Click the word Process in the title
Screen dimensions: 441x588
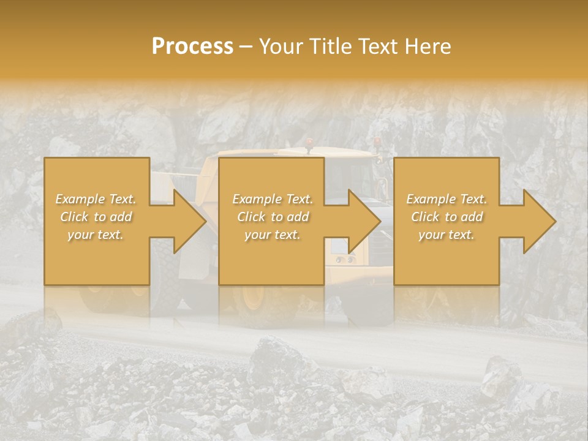click(192, 47)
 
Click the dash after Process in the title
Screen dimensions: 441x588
click(246, 47)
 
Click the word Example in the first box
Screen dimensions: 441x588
click(80, 199)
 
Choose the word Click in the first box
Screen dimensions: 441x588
click(74, 217)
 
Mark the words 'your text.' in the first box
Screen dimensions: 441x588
click(96, 235)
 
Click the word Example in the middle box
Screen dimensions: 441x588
click(257, 199)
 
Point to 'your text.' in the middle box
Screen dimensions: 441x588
click(273, 235)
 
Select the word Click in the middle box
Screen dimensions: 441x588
click(251, 217)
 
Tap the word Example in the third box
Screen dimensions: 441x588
click(431, 199)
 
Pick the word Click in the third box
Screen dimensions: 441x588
click(425, 217)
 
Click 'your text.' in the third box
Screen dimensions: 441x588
click(447, 235)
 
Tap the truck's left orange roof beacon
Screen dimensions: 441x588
click(309, 143)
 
